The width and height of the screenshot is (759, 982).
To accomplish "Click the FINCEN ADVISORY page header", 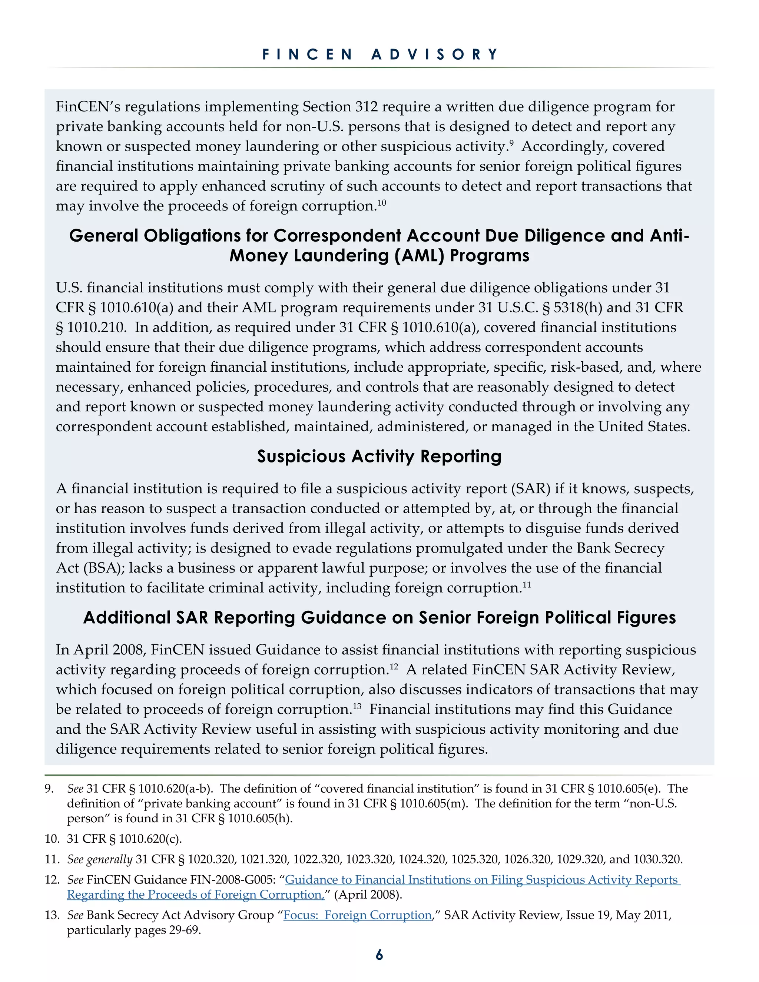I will pyautogui.click(x=380, y=54).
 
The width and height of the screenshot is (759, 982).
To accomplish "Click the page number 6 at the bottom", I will pyautogui.click(x=379, y=955).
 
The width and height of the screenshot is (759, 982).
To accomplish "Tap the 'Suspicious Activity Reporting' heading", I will pyautogui.click(x=379, y=457).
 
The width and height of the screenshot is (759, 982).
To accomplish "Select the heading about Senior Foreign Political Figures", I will pyautogui.click(x=379, y=618).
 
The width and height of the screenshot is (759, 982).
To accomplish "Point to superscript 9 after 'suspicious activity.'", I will pyautogui.click(x=511, y=143).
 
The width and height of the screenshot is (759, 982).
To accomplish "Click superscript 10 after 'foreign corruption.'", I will pyautogui.click(x=381, y=202).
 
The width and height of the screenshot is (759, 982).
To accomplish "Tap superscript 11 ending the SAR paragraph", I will pyautogui.click(x=527, y=584).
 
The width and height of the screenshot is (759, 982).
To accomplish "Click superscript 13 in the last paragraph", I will pyautogui.click(x=357, y=706).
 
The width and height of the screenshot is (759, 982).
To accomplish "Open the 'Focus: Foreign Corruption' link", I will pyautogui.click(x=358, y=915).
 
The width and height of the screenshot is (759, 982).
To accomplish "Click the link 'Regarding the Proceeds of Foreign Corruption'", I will pyautogui.click(x=196, y=895).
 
